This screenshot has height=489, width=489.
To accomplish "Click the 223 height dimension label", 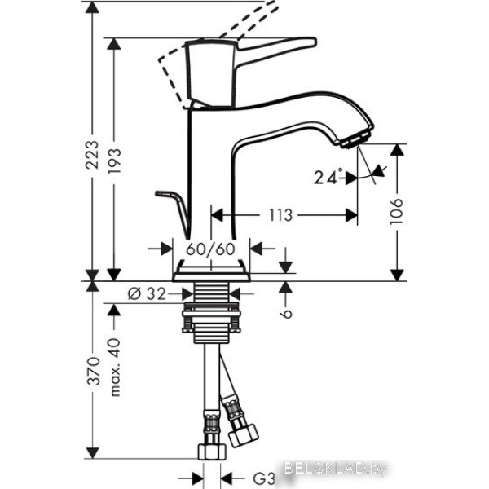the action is tap(92, 155).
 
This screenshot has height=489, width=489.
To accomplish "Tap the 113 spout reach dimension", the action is tap(280, 215).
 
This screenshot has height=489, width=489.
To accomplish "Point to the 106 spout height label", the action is tap(397, 211).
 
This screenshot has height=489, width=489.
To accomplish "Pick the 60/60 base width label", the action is tap(211, 249).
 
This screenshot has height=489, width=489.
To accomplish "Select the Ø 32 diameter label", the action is tap(147, 293).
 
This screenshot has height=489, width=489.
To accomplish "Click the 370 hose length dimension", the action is tap(93, 371).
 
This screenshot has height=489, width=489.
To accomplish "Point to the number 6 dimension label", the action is tap(286, 314).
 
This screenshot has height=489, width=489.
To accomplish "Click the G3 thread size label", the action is tap(263, 478).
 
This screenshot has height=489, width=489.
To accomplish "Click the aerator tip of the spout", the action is tap(356, 139).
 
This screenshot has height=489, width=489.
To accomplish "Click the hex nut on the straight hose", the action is tap(213, 452).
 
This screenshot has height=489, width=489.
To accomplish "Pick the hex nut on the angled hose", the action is tap(244, 434).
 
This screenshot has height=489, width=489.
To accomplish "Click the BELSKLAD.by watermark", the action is tap(336, 468).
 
